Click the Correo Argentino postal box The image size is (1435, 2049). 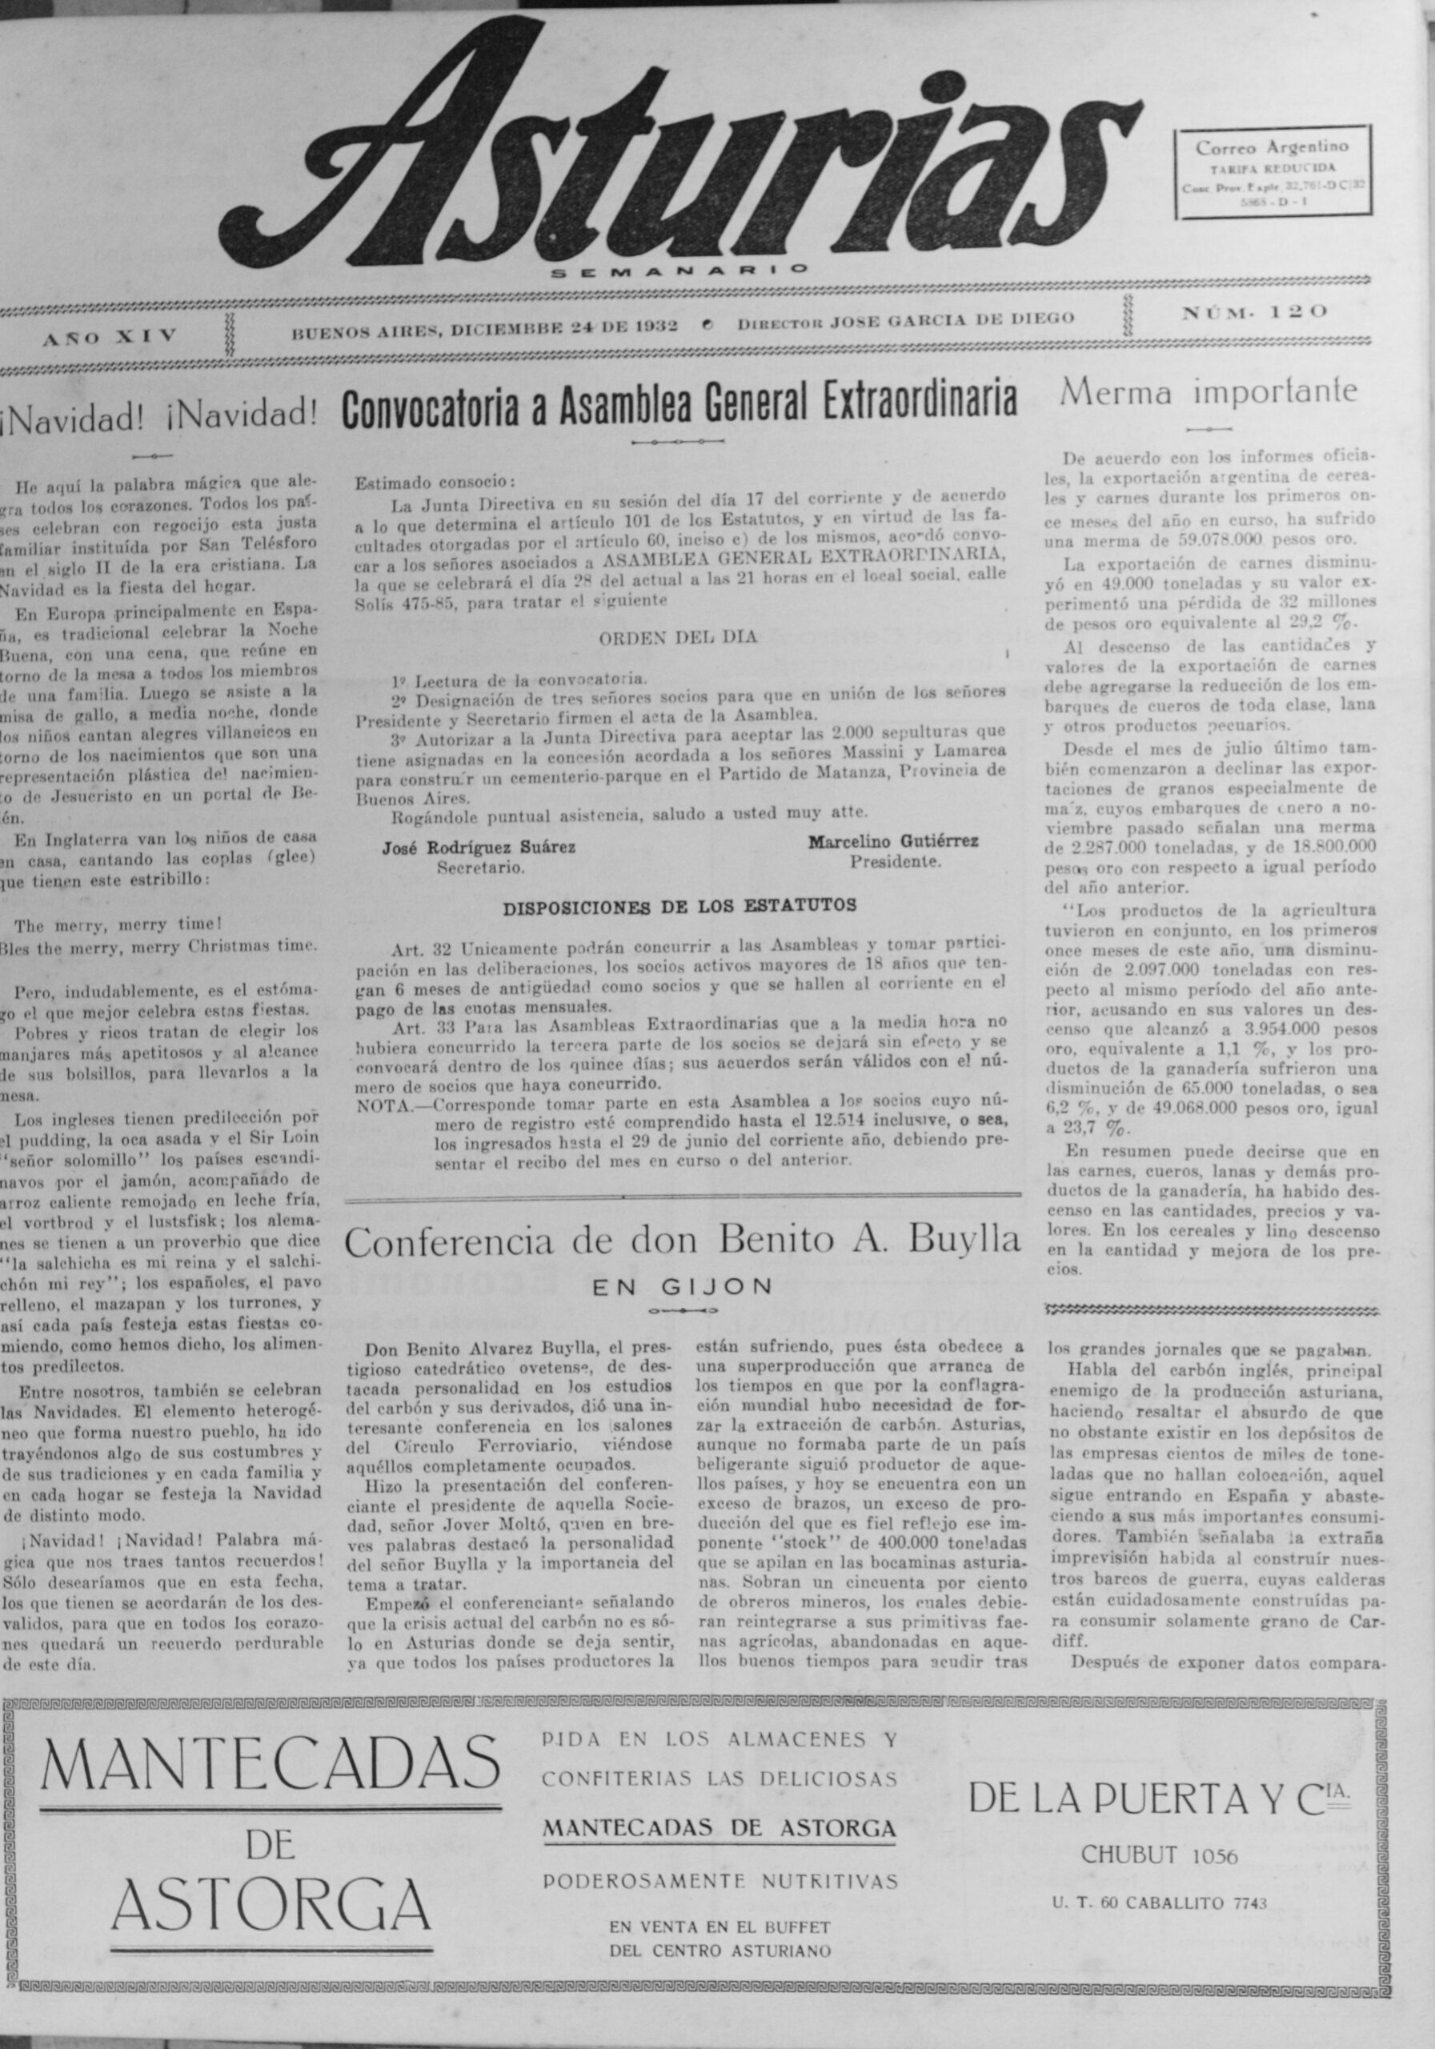[1273, 172]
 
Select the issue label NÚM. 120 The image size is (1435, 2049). [1255, 312]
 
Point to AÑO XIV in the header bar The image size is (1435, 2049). [110, 335]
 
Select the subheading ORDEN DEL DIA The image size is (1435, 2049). [677, 637]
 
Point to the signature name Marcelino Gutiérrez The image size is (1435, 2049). [893, 840]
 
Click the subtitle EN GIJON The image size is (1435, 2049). [683, 1287]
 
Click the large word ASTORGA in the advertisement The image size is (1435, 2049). [272, 1901]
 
